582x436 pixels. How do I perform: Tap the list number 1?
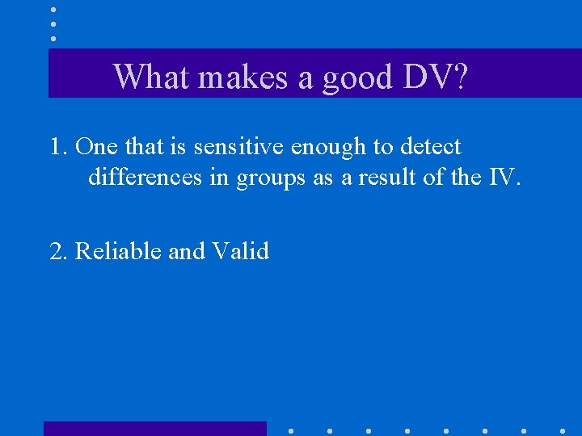[57, 147]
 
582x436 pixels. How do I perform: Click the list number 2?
[58, 251]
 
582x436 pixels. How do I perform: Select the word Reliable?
[118, 251]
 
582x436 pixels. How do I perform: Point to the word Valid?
[240, 251]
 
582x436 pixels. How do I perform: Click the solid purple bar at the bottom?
[154, 429]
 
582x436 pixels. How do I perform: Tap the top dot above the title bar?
[53, 10]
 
